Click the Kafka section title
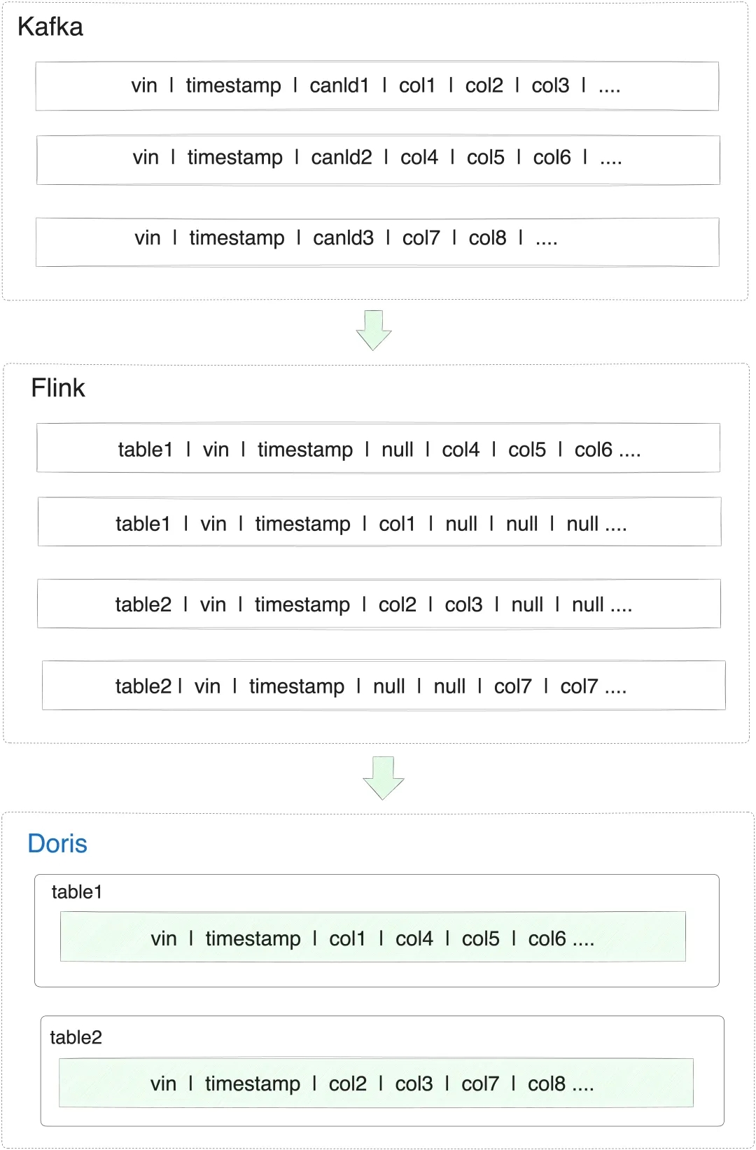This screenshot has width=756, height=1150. (50, 27)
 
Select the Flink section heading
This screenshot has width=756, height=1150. (58, 387)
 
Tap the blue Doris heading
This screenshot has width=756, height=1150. (57, 843)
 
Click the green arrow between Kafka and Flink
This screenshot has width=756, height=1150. (374, 330)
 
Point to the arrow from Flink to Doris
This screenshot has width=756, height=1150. (384, 778)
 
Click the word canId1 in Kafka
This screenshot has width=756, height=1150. (339, 85)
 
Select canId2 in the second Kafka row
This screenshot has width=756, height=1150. (342, 158)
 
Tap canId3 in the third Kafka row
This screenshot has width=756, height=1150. (344, 238)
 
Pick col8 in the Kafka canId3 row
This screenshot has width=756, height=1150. (488, 238)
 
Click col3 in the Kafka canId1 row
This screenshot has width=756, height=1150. (550, 85)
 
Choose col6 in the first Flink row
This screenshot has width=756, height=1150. (594, 450)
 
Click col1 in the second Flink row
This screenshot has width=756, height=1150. (397, 524)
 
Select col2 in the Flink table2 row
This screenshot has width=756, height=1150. (397, 605)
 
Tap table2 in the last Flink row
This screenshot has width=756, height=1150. (143, 686)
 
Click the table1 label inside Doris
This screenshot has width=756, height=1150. (77, 892)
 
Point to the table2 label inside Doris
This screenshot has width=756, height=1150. (76, 1037)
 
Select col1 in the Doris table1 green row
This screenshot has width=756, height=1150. (347, 939)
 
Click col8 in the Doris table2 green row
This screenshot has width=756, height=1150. (547, 1084)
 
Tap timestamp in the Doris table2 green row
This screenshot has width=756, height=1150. (253, 1084)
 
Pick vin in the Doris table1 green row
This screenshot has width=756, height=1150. (164, 939)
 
